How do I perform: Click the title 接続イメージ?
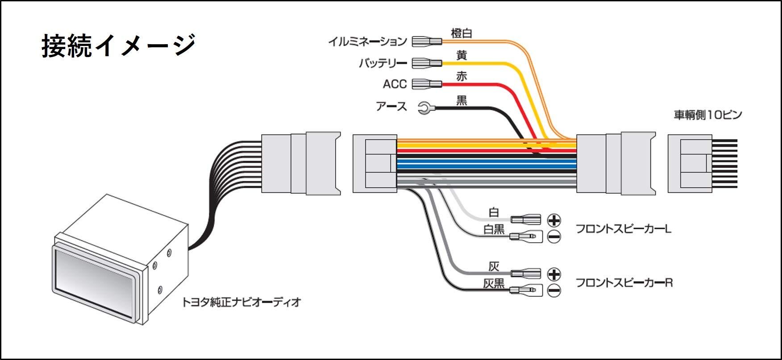point(119,46)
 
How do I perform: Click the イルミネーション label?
point(367,41)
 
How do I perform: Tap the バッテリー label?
point(383,63)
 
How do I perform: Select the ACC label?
point(395,84)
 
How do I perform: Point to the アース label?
point(391,107)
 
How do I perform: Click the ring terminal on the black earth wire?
point(424,107)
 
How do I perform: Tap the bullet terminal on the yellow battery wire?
point(427,63)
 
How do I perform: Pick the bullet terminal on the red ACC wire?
point(427,84)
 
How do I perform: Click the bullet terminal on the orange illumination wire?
point(427,41)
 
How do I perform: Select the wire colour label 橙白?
point(462,33)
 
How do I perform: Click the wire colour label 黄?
point(462,55)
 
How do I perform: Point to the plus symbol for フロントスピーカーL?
point(553,220)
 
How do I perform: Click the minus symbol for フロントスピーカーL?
point(553,237)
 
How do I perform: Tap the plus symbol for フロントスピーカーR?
point(553,274)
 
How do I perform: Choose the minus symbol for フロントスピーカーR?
point(553,291)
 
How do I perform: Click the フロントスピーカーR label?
point(624,282)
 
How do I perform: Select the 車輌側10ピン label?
point(707,115)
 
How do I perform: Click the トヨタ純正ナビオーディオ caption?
point(241,302)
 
